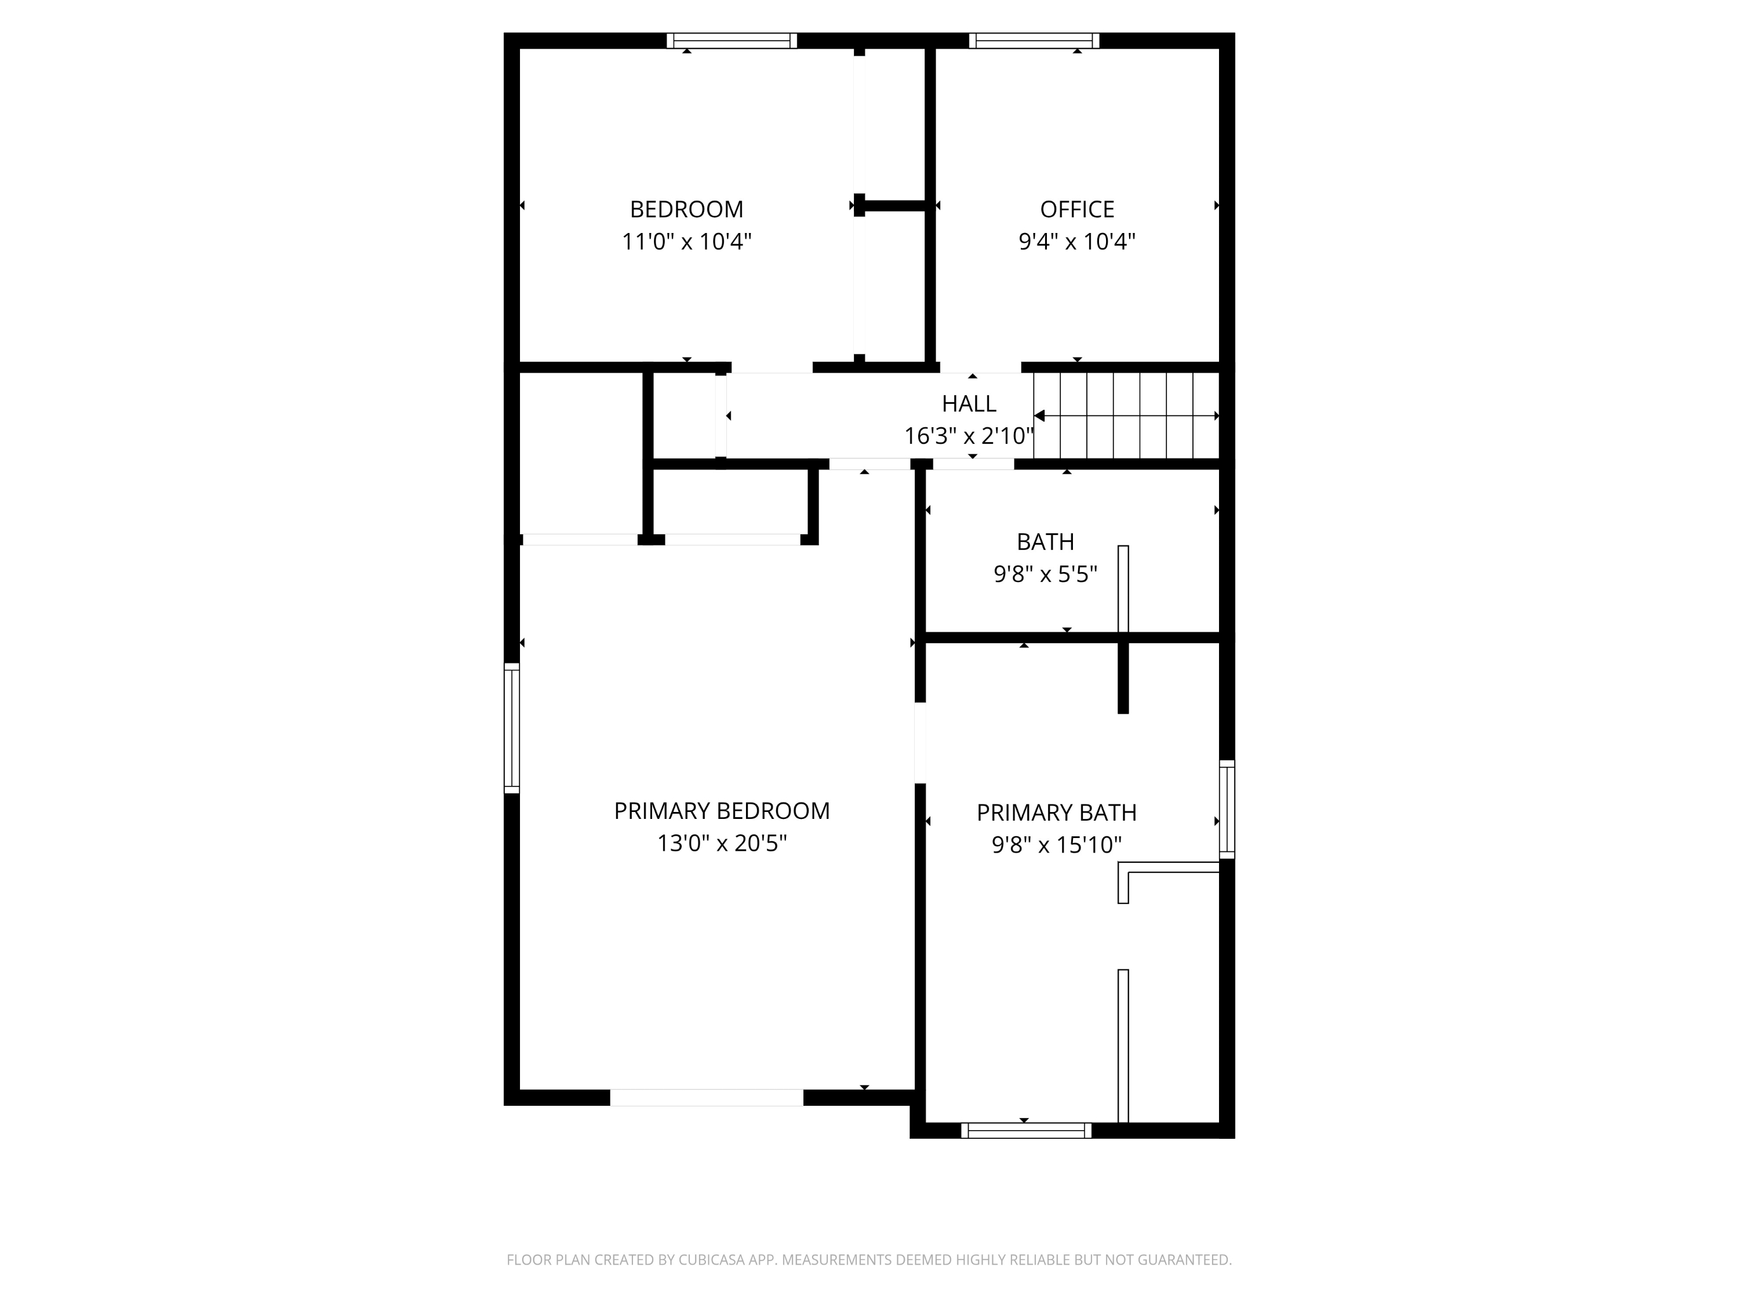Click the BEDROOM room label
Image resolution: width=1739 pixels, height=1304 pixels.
[x=686, y=209]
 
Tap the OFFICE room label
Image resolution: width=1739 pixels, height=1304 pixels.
[x=1077, y=209]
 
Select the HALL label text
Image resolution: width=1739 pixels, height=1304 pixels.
[x=969, y=403]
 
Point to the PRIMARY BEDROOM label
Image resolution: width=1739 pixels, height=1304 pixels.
[x=722, y=810]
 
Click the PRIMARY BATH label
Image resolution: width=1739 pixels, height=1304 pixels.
[x=1057, y=812]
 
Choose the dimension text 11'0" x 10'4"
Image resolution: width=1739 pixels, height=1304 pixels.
[x=686, y=241]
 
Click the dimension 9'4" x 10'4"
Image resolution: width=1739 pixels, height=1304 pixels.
[x=1077, y=241]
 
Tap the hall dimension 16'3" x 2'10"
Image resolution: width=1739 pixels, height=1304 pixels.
[x=969, y=435]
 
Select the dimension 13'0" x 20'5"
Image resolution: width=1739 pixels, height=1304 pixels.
[x=722, y=843]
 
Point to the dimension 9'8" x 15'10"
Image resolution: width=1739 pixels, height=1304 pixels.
[x=1057, y=844]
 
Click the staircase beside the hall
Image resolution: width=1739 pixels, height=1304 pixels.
[x=1126, y=415]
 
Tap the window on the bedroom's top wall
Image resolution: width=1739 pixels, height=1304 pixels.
[x=732, y=41]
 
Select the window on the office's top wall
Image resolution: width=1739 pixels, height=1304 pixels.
[x=1034, y=41]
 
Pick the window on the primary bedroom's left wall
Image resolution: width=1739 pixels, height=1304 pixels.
[x=512, y=728]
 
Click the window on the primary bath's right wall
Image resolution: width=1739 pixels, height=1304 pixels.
[x=1227, y=809]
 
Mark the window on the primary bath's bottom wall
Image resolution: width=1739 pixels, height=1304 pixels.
[x=1026, y=1130]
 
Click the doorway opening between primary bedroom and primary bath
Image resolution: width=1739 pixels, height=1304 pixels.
[x=920, y=742]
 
